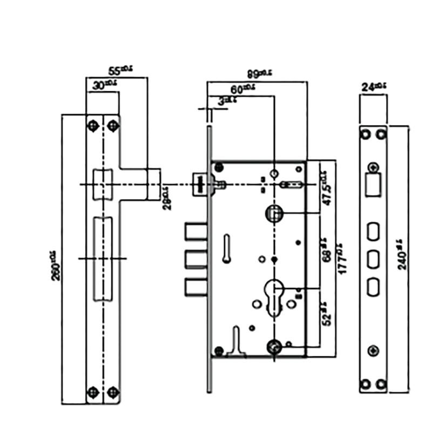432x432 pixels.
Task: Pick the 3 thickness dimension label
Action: (222, 100)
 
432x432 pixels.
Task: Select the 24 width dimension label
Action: (373, 86)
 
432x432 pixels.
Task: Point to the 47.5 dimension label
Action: (326, 186)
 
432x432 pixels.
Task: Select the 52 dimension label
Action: (326, 313)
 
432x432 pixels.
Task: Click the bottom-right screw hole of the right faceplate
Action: (382, 384)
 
